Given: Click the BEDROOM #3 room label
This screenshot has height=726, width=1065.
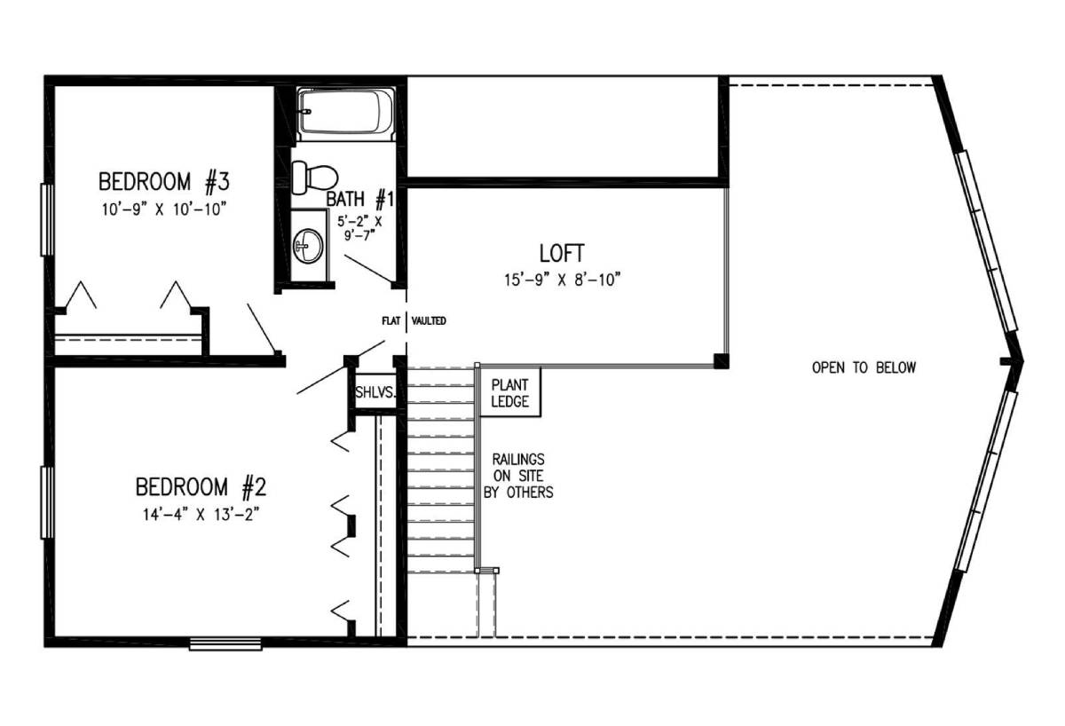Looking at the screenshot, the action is [x=164, y=182].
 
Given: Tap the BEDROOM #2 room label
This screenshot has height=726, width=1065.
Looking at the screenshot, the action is [x=201, y=487].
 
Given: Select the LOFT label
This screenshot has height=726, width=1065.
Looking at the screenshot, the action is [x=562, y=254].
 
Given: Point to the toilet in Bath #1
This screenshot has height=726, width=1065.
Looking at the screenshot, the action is [x=314, y=178].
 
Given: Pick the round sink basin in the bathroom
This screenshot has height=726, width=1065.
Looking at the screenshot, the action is [x=308, y=245].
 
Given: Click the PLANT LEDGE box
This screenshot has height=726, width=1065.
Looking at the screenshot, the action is [x=509, y=392].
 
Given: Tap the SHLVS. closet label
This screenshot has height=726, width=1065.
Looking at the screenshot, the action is [x=375, y=392].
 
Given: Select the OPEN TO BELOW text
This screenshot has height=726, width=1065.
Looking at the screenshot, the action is [x=864, y=367].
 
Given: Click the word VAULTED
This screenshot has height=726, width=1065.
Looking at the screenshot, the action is [x=429, y=321].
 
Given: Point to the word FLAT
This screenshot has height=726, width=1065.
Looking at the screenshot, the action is [x=390, y=321].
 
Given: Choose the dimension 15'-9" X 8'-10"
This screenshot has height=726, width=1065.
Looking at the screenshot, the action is [x=563, y=280].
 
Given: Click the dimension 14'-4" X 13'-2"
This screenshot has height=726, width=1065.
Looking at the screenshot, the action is [x=201, y=515].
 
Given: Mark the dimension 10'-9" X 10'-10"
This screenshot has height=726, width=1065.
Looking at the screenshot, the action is [x=163, y=209].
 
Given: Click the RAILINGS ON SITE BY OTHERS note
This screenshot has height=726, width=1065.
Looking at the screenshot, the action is [x=518, y=476].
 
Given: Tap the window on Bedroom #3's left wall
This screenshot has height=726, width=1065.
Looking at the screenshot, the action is [x=47, y=219].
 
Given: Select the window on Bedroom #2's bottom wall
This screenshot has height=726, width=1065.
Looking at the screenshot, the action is [x=225, y=644].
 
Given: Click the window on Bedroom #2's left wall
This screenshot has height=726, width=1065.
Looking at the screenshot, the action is [x=47, y=502].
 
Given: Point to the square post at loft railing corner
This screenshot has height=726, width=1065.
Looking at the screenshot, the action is [x=722, y=361].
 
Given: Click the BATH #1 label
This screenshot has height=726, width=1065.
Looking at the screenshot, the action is [x=360, y=200].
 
